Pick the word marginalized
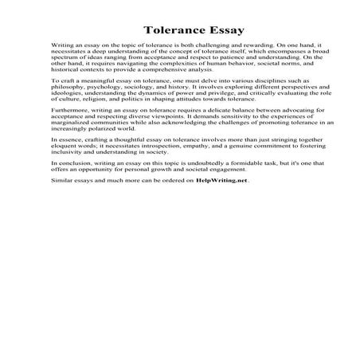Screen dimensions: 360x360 coord(75,149)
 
